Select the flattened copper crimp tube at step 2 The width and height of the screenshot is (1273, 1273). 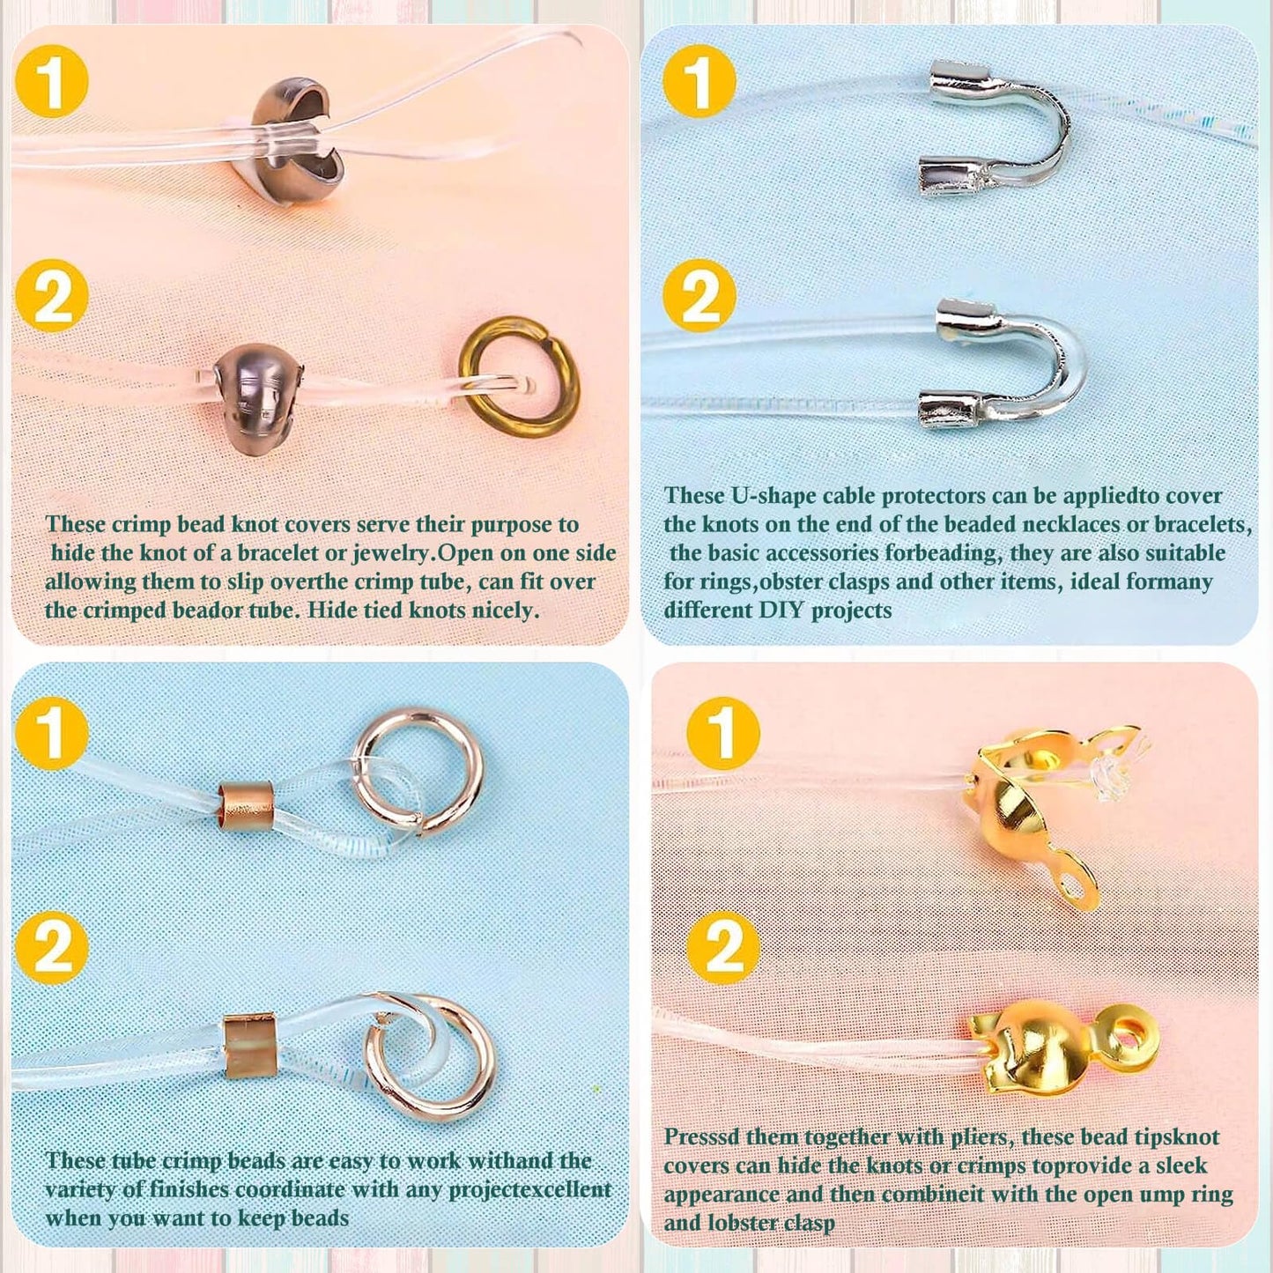point(250,1046)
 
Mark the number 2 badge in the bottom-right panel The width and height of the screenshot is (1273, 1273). point(723,947)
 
